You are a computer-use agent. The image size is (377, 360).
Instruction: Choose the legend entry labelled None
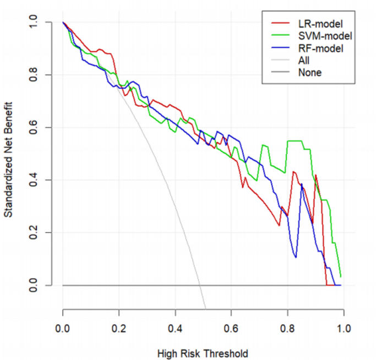point(309,72)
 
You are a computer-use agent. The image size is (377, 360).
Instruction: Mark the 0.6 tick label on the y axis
point(34,127)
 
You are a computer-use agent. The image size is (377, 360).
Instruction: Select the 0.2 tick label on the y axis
point(34,233)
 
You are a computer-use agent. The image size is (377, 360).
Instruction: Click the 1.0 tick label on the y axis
point(34,22)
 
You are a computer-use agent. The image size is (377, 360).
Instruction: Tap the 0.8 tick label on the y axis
point(34,75)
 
